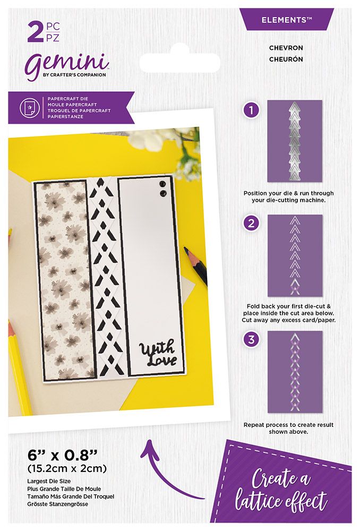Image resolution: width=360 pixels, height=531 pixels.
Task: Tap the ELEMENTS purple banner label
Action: point(287,20)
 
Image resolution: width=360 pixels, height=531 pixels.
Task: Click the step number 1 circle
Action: point(251,110)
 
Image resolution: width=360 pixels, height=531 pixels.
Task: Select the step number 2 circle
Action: point(251,224)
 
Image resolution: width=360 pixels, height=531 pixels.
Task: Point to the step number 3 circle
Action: point(251,339)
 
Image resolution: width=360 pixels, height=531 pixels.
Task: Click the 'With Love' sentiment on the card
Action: point(158,354)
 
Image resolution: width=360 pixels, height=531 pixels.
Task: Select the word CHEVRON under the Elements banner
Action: point(286,48)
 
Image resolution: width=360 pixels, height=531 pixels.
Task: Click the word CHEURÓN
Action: point(286,59)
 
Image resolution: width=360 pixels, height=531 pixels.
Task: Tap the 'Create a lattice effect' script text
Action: point(281,490)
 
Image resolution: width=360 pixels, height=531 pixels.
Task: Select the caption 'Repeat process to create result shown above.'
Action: point(288,428)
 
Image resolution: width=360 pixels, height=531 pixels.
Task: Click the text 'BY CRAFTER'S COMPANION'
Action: point(74,74)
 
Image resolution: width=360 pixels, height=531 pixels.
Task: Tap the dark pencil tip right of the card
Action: point(186,251)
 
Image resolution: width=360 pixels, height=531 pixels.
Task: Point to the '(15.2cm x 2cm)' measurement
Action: point(67,469)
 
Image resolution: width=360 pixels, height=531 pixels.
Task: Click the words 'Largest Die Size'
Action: point(49,481)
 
